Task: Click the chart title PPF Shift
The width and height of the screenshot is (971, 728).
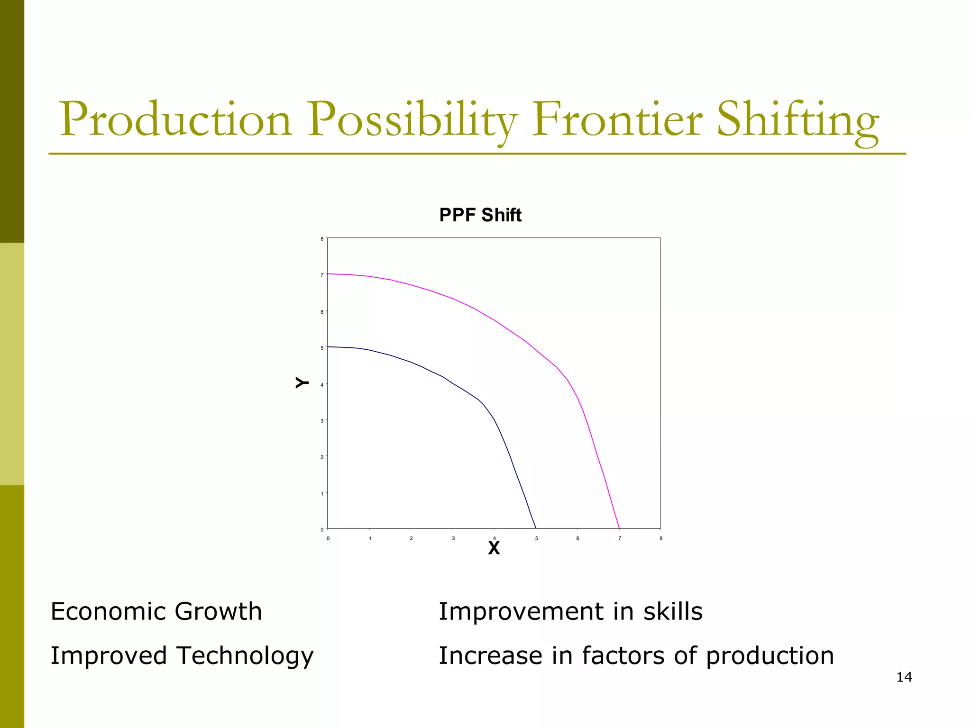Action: point(480,215)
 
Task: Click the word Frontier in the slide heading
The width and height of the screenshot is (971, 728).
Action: point(616,119)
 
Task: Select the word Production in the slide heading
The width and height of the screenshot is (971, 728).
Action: point(175,119)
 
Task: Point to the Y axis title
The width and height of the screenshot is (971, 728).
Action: point(302,382)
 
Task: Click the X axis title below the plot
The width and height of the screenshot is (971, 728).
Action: point(494,548)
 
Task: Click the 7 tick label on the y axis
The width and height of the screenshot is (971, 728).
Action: point(322,275)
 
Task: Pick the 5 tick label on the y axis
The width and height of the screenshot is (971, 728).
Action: point(322,348)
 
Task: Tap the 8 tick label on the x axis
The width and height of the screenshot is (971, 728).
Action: point(661,538)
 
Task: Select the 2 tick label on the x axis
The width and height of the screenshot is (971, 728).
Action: point(411,538)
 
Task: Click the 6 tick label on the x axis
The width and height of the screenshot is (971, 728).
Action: point(577,538)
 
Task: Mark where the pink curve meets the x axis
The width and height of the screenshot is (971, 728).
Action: point(619,528)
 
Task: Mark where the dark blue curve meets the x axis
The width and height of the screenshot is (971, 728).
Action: point(536,528)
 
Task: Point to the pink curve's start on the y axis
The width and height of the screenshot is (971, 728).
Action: point(328,273)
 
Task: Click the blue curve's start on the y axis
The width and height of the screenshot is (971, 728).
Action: point(328,346)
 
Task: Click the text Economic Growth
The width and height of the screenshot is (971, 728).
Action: point(156,611)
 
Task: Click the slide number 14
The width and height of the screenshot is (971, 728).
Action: point(904,677)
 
